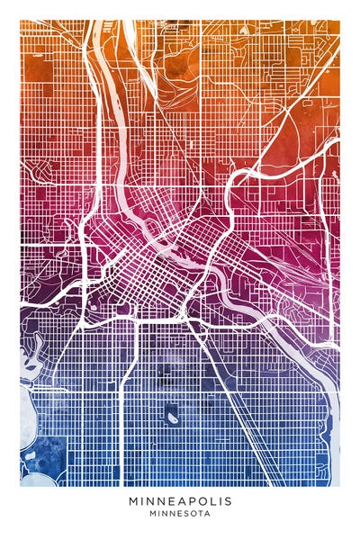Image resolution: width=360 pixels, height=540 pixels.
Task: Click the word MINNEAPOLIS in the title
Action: click(x=180, y=500)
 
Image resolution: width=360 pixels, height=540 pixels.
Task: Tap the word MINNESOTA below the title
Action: click(x=180, y=514)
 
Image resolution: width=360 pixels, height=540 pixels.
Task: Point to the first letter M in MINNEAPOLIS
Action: click(x=133, y=500)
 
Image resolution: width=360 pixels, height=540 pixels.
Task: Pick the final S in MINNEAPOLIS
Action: click(x=228, y=500)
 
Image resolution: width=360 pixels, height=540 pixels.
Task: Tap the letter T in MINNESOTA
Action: click(x=199, y=514)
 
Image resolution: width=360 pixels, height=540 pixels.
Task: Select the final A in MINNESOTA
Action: click(x=207, y=514)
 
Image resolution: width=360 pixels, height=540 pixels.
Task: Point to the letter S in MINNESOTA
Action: click(x=185, y=514)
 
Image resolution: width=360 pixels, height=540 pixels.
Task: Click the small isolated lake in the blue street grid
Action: click(x=170, y=415)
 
